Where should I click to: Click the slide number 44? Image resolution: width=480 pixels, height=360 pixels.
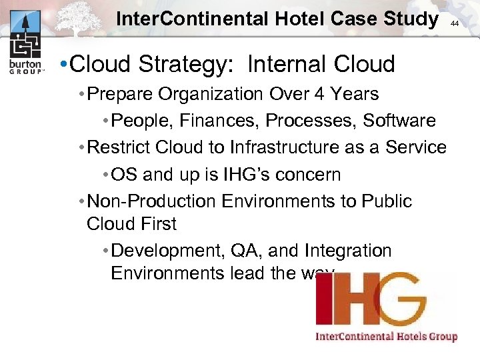[455, 23]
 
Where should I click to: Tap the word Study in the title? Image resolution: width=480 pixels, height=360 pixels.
[408, 19]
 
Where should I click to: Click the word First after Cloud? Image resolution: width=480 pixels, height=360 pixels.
[159, 224]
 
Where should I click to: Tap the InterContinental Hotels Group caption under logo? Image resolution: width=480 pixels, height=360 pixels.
[386, 336]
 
